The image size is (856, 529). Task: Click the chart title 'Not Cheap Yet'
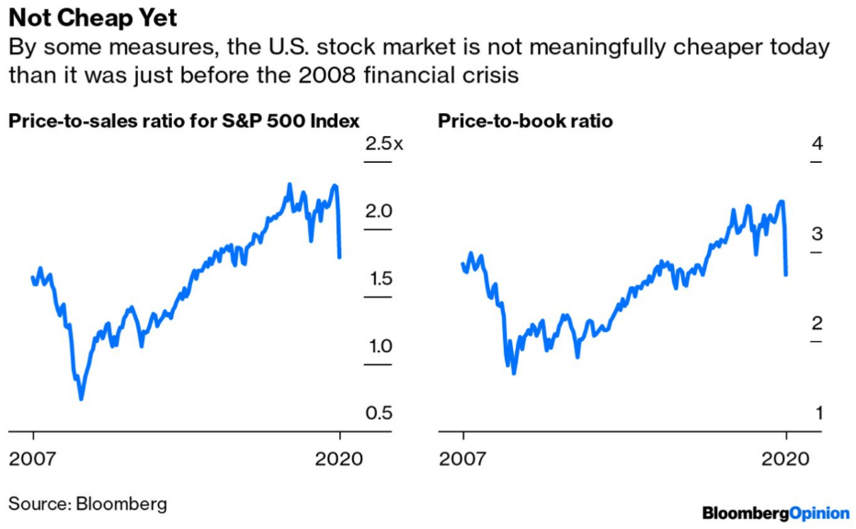[x=93, y=18]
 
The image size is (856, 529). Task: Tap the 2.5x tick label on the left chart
[x=384, y=144]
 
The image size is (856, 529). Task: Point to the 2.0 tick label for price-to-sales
[x=378, y=212]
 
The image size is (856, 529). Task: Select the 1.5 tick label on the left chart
[x=378, y=279]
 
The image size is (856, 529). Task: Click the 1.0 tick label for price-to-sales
[x=378, y=347]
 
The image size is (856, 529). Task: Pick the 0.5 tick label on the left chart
[x=378, y=414]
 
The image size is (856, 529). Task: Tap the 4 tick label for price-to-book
[x=816, y=144]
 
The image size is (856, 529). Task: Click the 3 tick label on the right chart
[x=816, y=234]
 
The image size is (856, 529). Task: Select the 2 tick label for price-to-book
[x=816, y=324]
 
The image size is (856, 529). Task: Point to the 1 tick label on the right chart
[x=816, y=414]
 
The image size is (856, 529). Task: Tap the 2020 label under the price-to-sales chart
[x=340, y=458]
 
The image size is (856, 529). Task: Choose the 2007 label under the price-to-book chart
[x=462, y=458]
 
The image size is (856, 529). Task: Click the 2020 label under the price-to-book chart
[x=786, y=458]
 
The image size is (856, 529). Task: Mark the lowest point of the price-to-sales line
[x=81, y=398]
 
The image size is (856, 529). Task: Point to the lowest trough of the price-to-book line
[x=513, y=373]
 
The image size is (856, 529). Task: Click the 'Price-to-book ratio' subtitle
[x=524, y=121]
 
